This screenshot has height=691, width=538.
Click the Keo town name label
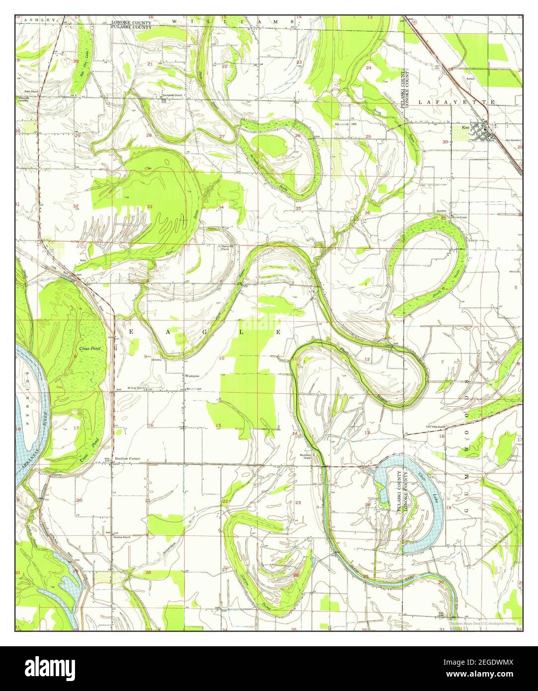465,127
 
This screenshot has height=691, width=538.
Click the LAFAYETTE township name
457,102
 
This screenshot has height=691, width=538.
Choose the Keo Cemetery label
513,141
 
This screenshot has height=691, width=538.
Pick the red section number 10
222,358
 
